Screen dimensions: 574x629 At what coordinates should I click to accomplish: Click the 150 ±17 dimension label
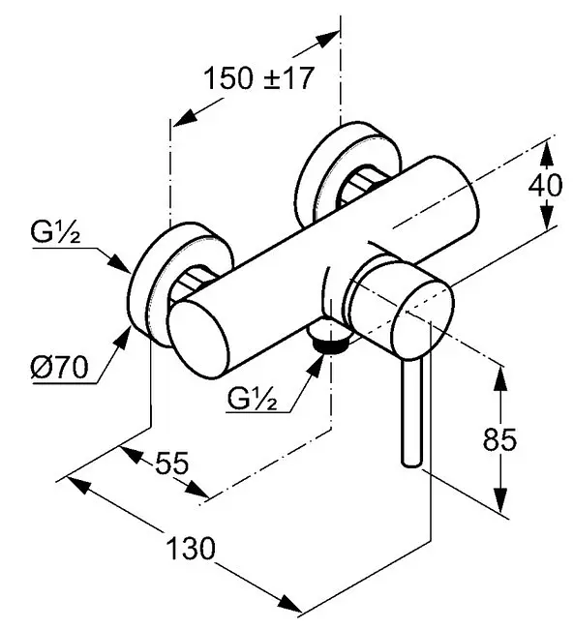[258, 78]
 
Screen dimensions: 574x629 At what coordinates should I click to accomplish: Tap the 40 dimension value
[545, 186]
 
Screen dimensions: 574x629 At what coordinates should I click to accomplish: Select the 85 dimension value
[499, 439]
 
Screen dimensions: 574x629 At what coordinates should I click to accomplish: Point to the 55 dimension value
[171, 463]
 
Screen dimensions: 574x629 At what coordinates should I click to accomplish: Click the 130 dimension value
[191, 549]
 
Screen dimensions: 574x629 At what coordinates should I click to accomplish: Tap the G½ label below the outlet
[252, 398]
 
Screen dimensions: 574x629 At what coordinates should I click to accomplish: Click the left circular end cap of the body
[198, 340]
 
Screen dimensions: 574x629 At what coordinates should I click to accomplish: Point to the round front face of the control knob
[423, 318]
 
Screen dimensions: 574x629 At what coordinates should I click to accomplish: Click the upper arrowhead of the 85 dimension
[500, 377]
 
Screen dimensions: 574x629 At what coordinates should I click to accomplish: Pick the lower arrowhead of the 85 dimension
[500, 499]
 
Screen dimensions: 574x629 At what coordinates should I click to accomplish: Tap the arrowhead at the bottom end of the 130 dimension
[289, 603]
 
